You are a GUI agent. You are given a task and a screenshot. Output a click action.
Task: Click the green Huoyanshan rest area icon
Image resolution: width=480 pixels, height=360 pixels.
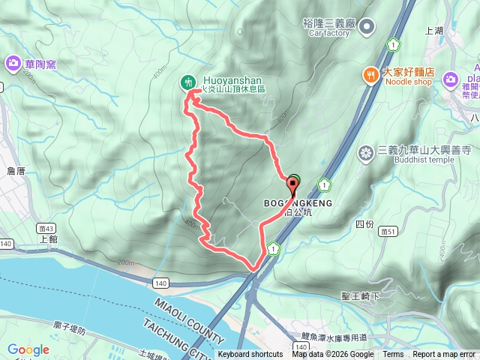pos(187,82)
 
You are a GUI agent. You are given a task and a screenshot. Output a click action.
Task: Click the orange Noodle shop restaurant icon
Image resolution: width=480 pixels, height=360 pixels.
pos(370,73)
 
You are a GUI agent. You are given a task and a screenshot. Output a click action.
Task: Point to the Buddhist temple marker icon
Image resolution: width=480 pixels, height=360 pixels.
pos(366,153)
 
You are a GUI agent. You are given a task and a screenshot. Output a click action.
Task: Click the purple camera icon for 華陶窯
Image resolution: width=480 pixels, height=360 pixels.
pos(13,64)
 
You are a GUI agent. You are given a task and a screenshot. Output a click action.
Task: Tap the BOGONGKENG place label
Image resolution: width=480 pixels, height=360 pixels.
pos(297,202)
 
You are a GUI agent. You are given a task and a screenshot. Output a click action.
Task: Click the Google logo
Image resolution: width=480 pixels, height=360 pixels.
pos(28,349)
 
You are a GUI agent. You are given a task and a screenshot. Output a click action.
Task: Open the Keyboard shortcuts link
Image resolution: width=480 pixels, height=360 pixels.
pos(250,355)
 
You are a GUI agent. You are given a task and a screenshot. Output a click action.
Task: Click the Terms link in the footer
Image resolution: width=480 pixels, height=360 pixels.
pos(393,355)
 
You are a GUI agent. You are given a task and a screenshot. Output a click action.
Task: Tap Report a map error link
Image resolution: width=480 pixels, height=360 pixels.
pos(443,355)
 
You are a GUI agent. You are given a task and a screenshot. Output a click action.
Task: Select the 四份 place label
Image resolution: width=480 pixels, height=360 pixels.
pos(364,223)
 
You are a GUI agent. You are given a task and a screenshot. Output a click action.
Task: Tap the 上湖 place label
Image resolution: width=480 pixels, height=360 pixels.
pos(434,31)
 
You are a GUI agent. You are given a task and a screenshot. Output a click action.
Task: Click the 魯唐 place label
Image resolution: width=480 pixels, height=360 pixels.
pos(16,171)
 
